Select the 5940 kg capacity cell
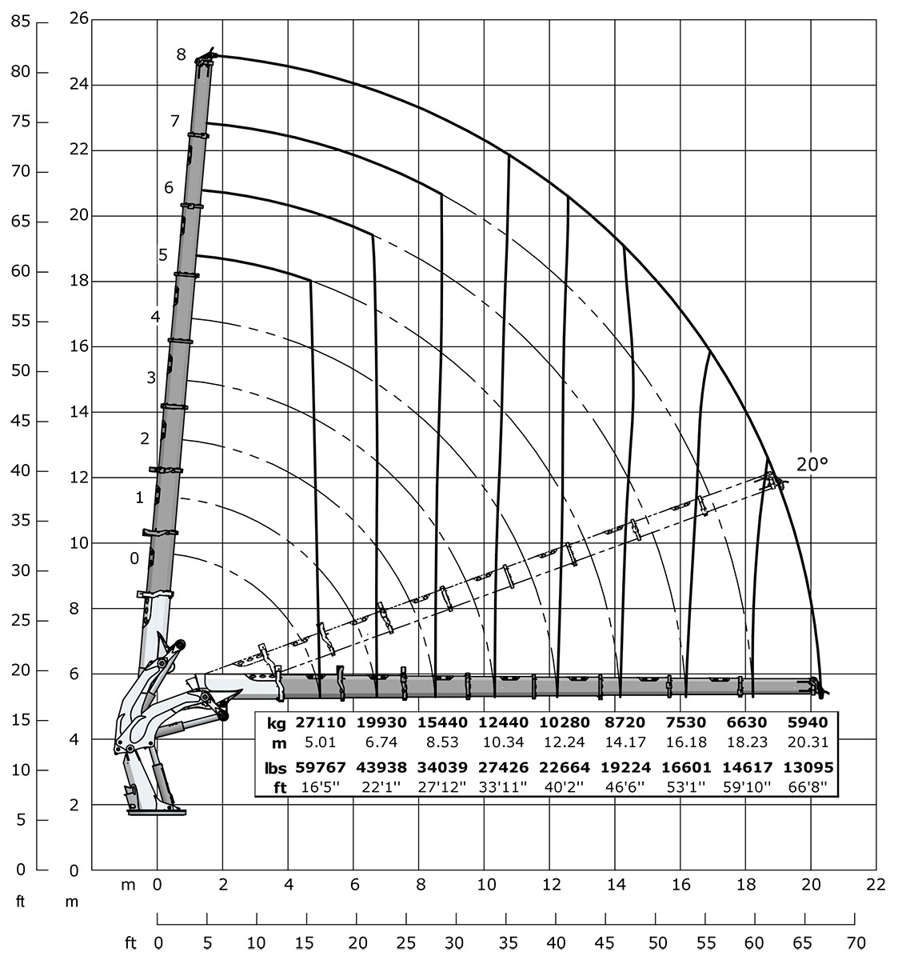point(812,722)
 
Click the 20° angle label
point(812,463)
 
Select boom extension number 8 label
point(182,54)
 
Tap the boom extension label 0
point(134,558)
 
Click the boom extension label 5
point(162,255)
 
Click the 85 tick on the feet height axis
point(21,22)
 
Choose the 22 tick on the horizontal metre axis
point(876,885)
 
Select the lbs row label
point(275,767)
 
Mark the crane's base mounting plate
point(157,812)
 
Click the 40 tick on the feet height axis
point(21,471)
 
